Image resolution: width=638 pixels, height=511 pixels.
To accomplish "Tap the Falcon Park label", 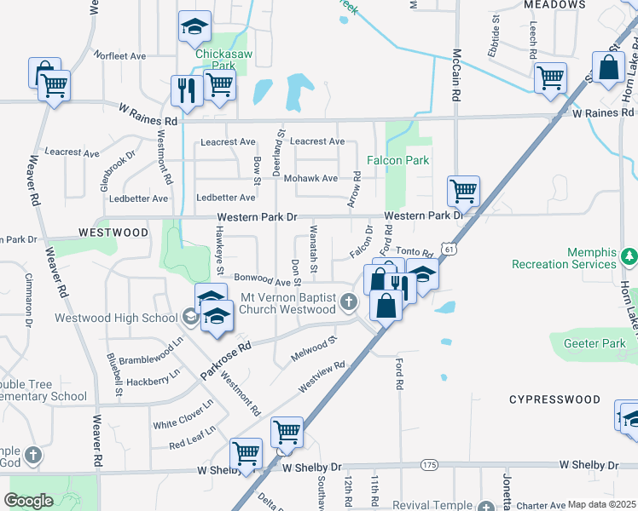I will pyautogui.click(x=397, y=160).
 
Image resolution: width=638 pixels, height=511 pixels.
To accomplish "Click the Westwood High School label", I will pyautogui.click(x=116, y=319).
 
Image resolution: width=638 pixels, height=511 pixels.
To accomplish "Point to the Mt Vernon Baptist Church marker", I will pyautogui.click(x=348, y=301).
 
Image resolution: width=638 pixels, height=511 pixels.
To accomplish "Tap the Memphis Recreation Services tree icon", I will pyautogui.click(x=629, y=255).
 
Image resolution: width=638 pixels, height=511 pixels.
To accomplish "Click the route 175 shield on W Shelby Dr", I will pyautogui.click(x=429, y=465).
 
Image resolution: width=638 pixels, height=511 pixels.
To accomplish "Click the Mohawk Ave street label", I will pyautogui.click(x=310, y=179).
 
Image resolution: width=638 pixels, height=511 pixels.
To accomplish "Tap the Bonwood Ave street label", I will pyautogui.click(x=263, y=279).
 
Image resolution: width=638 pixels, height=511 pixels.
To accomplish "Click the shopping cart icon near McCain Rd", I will pyautogui.click(x=463, y=191).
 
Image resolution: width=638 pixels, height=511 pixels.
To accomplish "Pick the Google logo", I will pyautogui.click(x=28, y=500).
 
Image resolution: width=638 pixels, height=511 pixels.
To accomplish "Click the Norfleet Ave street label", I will pyautogui.click(x=120, y=56).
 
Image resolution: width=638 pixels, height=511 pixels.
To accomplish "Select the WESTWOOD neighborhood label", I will pyautogui.click(x=113, y=232).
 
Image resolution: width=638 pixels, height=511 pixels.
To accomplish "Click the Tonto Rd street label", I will pyautogui.click(x=416, y=252).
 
